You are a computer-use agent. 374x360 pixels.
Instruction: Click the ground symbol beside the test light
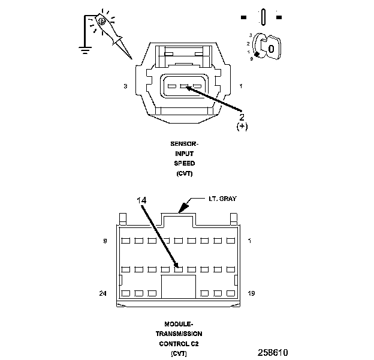click(85, 49)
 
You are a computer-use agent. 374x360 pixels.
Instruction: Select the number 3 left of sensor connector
click(125, 86)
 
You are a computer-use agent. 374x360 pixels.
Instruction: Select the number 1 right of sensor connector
click(240, 86)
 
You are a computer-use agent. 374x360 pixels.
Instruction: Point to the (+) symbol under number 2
click(243, 127)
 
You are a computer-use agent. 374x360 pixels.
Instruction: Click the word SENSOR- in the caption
click(184, 144)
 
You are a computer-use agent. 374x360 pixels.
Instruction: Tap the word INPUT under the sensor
click(184, 154)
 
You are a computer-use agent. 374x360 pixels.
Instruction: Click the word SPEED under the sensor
click(184, 163)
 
